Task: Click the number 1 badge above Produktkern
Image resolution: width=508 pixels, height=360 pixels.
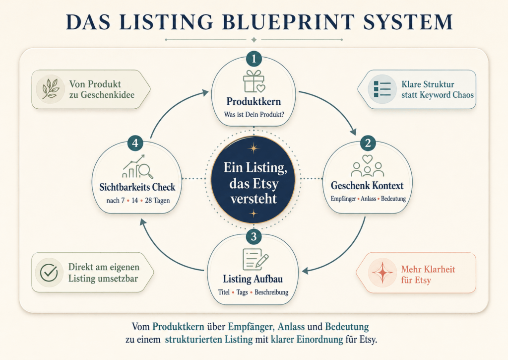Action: click(x=254, y=59)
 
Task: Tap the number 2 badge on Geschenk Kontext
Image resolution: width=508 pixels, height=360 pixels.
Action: click(x=368, y=143)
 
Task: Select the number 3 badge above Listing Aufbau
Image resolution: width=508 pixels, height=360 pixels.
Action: click(x=254, y=237)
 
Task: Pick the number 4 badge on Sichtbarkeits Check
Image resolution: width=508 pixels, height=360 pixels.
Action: click(x=135, y=143)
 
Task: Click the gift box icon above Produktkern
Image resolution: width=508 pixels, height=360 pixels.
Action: click(x=254, y=82)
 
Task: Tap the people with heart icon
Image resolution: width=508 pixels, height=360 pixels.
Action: click(x=368, y=165)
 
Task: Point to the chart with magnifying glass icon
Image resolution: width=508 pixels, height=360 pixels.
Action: click(x=137, y=167)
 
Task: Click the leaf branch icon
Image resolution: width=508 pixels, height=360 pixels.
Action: click(x=51, y=89)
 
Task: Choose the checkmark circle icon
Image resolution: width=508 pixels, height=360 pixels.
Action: click(x=49, y=273)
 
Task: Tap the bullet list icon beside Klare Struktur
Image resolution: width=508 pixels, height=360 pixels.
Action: click(x=382, y=89)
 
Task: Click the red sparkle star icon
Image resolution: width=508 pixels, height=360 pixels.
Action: click(x=382, y=273)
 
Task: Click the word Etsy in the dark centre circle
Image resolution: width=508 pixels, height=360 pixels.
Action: click(x=263, y=184)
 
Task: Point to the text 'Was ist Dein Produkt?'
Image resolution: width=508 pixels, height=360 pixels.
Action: click(x=254, y=115)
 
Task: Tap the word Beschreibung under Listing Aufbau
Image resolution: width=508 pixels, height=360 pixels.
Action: click(x=271, y=292)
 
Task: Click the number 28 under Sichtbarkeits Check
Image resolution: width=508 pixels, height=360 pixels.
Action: click(x=148, y=201)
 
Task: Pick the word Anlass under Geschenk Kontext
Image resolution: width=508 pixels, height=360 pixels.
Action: click(x=369, y=199)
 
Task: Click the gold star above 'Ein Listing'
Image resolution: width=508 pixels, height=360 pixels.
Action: click(x=254, y=148)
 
